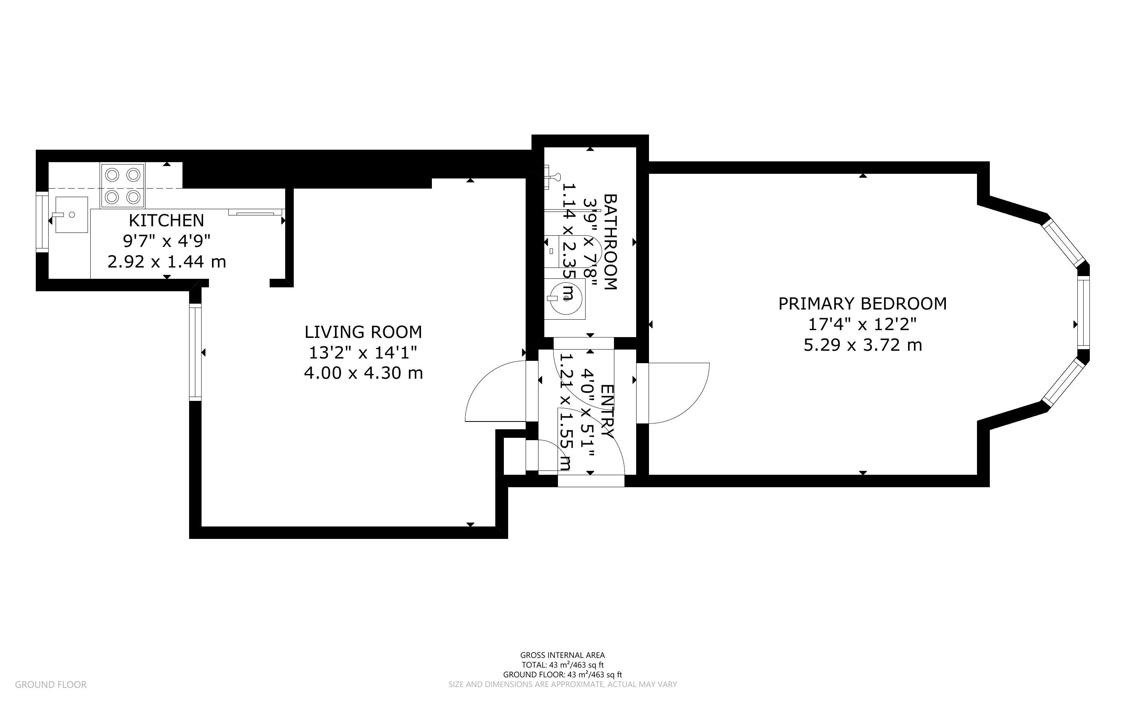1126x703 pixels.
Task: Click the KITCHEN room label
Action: pos(166,220)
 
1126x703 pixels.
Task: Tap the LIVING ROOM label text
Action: pos(363,332)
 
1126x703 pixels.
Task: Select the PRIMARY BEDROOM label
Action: pos(863,304)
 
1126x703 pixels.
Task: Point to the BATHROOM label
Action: pos(610,242)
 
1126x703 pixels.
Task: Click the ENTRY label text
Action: pos(607,411)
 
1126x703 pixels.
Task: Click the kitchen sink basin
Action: pos(72,214)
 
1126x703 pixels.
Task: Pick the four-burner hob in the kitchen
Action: pos(122,185)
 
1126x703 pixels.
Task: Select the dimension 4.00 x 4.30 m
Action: pos(363,373)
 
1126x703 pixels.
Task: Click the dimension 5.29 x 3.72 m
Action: pos(863,345)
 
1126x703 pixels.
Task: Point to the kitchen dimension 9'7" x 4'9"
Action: pos(167,241)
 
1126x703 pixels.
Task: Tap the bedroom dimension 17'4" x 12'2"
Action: pos(863,324)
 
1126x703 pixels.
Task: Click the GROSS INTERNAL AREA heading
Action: pos(563,656)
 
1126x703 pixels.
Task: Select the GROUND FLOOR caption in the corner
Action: pos(51,684)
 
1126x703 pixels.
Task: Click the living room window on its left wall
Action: pos(195,352)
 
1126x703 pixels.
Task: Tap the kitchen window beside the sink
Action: pos(42,222)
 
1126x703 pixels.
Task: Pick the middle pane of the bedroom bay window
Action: pos(1083,313)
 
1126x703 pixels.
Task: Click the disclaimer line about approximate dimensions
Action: pos(563,684)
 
